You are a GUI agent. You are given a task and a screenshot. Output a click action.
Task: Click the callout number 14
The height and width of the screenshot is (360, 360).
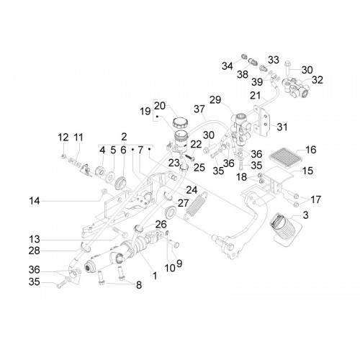coord(35,201)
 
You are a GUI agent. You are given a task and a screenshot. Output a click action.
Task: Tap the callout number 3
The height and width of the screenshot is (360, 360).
coord(305,215)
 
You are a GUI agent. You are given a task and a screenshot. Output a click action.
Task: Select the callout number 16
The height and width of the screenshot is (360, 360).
coord(311,150)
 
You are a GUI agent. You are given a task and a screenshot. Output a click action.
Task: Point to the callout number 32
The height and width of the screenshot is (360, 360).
coord(318,80)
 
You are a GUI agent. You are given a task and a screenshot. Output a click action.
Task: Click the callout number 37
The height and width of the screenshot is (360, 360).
coord(199,109)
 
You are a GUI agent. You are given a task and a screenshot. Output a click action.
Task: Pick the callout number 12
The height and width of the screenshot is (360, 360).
coord(63,138)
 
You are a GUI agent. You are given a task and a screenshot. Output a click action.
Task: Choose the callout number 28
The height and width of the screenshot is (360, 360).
coord(34,251)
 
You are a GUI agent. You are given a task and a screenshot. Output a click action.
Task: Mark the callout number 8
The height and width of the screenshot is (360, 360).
coord(139,285)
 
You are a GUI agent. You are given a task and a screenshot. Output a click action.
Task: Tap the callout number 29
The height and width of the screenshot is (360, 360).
coord(215,100)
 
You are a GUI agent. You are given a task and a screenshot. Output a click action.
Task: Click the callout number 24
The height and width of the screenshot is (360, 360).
coord(192,190)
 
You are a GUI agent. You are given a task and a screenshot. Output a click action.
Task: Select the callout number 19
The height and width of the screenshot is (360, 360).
coord(145,111)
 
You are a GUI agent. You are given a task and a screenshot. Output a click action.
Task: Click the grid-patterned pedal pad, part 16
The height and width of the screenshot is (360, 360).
coord(284,157)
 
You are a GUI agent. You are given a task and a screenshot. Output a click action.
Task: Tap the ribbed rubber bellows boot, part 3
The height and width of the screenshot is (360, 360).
coord(283,228)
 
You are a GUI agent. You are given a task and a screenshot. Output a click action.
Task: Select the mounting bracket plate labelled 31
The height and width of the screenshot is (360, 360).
coord(263,121)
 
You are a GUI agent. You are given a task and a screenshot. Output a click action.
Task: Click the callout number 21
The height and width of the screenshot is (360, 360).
coord(255,95)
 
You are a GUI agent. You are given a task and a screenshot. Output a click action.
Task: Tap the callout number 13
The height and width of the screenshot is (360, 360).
coord(35,239)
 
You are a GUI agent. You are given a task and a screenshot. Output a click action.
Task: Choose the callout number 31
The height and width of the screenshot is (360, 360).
coord(282,127)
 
